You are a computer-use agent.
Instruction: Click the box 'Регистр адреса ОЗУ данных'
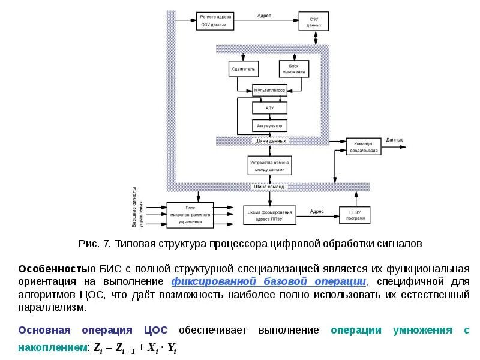[214, 20]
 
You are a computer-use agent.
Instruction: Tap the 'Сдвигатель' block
[243, 69]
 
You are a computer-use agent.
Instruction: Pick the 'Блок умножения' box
[294, 69]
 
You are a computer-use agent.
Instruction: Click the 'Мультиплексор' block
[269, 90]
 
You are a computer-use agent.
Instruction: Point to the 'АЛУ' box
[270, 108]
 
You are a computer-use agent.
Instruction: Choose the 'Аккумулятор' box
[270, 126]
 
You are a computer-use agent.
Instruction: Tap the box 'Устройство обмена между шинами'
[269, 166]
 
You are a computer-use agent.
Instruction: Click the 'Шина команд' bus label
[269, 187]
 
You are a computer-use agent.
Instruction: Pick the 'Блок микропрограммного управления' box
[190, 215]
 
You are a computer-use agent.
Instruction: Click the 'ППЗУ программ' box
[355, 215]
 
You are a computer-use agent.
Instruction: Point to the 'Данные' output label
[395, 140]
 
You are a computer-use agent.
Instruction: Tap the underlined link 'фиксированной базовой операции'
[268, 281]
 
